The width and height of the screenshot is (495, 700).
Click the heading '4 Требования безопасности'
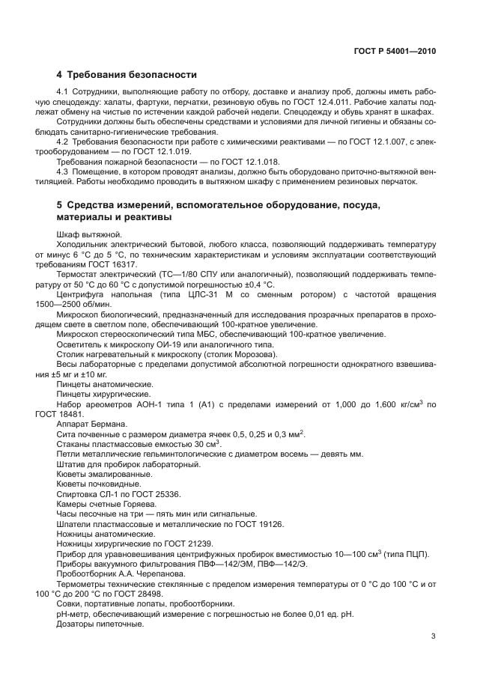tap(127, 75)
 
